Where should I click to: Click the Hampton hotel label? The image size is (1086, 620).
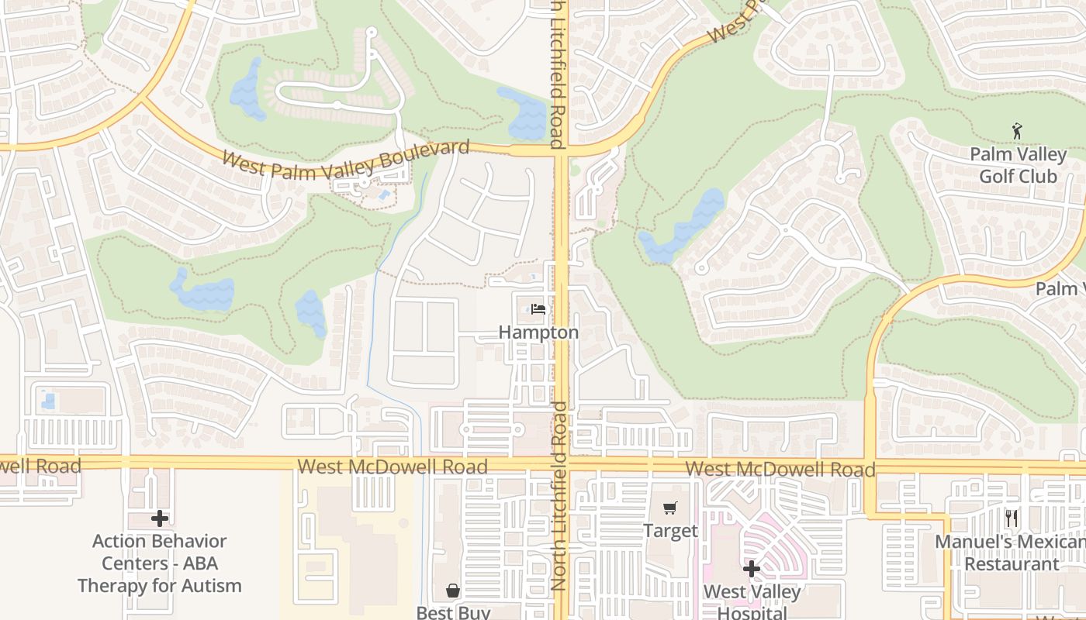pos(538,332)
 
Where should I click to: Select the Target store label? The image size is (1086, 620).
pos(670,531)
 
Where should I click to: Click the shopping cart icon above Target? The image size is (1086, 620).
pos(670,508)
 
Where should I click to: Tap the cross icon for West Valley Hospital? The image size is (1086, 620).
pos(751,570)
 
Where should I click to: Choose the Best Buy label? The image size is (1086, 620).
pos(453,612)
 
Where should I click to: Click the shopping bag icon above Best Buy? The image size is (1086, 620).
pos(453,591)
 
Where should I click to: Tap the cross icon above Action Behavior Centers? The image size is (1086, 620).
pos(160,518)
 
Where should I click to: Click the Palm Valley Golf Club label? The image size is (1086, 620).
pos(1018,165)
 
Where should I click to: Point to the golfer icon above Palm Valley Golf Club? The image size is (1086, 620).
pos(1018,131)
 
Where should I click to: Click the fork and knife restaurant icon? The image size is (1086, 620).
pos(1012,518)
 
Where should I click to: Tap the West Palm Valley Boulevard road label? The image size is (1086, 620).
pos(346,160)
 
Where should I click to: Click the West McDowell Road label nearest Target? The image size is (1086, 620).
pos(780,469)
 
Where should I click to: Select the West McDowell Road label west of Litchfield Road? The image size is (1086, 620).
pos(393,467)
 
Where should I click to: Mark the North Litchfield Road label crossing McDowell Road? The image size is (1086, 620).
pos(559,496)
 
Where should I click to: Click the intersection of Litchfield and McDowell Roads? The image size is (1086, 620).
pos(561,464)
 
